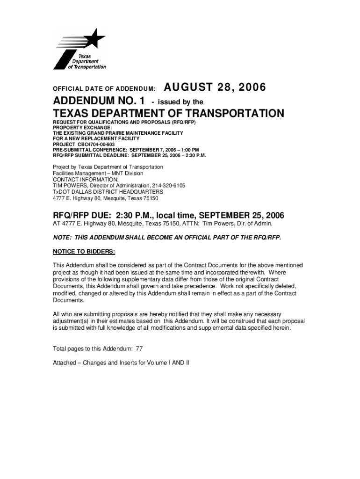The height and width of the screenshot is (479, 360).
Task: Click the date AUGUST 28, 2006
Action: (x=215, y=87)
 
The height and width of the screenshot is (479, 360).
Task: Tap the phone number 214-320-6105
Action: (x=168, y=186)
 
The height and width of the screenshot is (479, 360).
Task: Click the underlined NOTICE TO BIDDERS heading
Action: (x=84, y=251)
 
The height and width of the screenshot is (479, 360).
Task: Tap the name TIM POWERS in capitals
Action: (x=70, y=186)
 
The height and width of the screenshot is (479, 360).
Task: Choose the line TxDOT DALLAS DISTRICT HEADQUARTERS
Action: (x=108, y=192)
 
